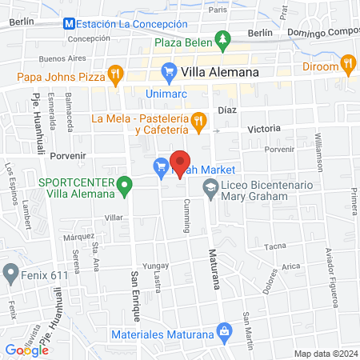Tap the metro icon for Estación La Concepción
pos(70,24)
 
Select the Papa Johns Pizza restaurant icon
pos(116,77)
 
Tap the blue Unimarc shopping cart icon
pos(169,73)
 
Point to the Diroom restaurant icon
pos(347,62)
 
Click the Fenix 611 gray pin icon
pos(10,274)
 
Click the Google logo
pos(27,350)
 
